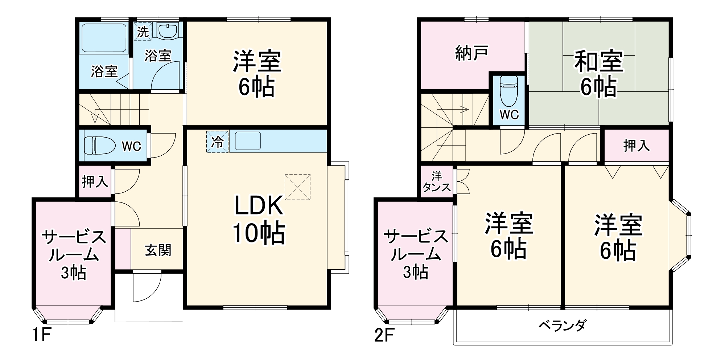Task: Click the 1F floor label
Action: click(x=41, y=334)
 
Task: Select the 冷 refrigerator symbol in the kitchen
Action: click(x=218, y=142)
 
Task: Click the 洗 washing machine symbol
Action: click(x=143, y=32)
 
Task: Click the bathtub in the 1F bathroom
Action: click(x=103, y=38)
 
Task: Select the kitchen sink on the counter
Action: click(x=248, y=141)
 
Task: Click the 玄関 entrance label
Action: click(x=158, y=250)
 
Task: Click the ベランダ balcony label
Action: click(x=562, y=325)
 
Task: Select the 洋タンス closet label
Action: click(x=437, y=182)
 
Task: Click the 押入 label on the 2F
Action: click(x=636, y=146)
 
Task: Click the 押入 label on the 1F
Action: click(x=95, y=181)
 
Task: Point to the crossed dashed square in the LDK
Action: click(x=297, y=187)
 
